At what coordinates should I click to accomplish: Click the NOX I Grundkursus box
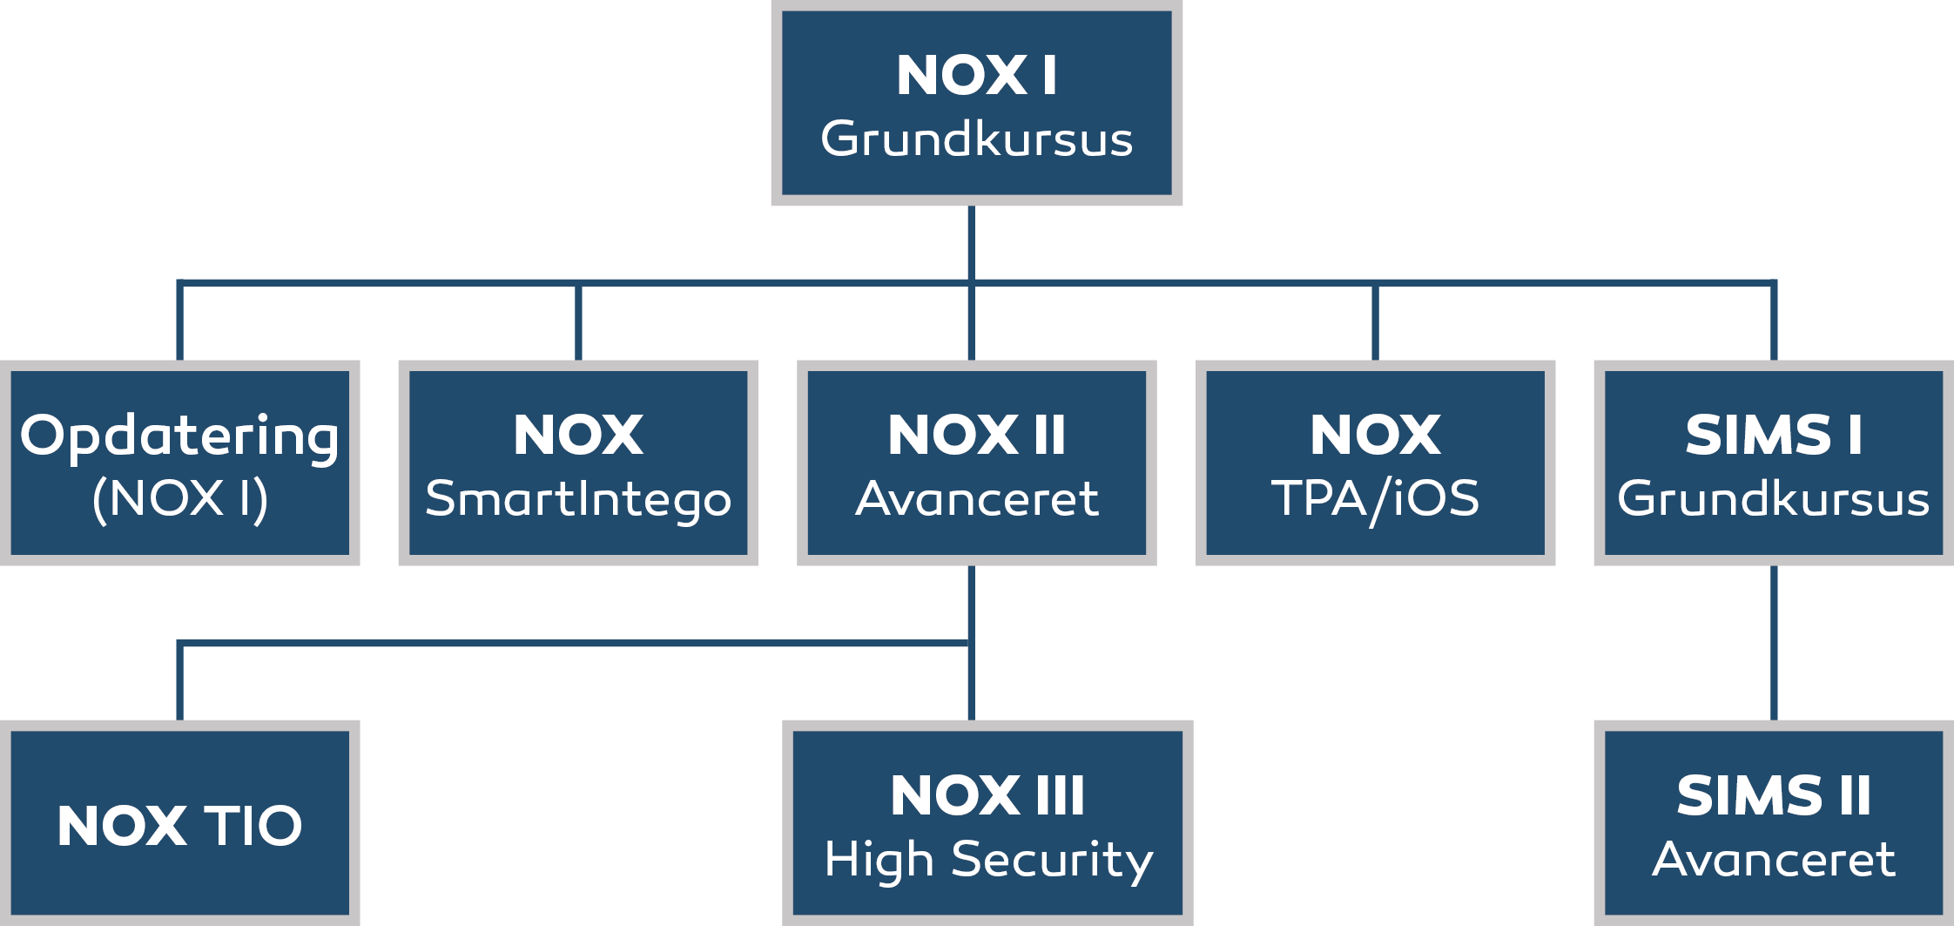tap(976, 103)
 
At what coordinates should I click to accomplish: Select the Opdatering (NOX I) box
tap(179, 463)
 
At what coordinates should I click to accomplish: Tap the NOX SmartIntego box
tap(578, 463)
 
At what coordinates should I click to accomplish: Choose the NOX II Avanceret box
tap(976, 463)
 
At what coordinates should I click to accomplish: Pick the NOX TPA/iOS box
tap(1375, 463)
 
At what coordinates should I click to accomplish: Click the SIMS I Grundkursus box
tap(1774, 463)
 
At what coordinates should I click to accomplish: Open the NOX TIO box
tap(179, 823)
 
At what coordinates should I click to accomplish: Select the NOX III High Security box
tap(987, 823)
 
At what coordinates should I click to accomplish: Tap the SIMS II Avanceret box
tap(1774, 823)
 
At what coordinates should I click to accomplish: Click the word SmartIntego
tap(578, 500)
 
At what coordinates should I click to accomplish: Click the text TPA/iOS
tap(1375, 500)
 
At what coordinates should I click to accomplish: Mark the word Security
tap(1052, 862)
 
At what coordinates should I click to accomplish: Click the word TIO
tap(253, 825)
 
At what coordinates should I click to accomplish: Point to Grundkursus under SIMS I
tap(1774, 499)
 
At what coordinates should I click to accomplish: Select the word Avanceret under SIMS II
tap(1774, 860)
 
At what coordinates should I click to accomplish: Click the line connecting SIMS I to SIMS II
tap(1774, 643)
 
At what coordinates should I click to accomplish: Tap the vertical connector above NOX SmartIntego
tap(578, 321)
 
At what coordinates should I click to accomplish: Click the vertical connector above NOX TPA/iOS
tap(1375, 321)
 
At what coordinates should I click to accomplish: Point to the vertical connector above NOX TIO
tap(179, 682)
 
